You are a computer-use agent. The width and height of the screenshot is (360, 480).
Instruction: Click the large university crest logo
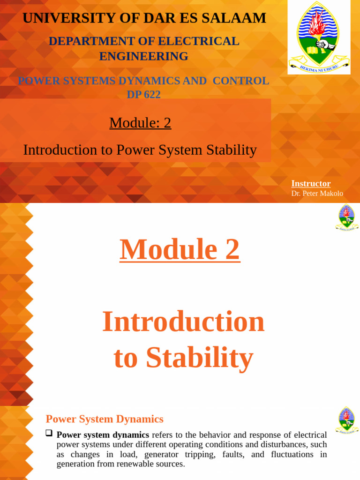(319, 37)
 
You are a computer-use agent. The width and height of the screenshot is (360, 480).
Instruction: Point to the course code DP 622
(143, 94)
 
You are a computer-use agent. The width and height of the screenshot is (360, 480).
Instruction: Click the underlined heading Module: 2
(140, 123)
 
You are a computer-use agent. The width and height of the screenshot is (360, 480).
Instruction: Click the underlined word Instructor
(311, 184)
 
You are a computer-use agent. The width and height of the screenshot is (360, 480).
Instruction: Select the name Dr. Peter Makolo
(317, 193)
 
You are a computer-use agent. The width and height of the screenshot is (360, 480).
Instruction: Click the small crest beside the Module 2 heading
(347, 217)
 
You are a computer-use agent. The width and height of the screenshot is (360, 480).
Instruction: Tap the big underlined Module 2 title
(180, 249)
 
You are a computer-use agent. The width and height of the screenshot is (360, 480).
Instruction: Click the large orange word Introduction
(183, 322)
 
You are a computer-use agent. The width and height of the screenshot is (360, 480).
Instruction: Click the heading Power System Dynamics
(105, 419)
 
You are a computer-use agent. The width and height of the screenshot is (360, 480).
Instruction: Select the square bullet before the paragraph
(49, 434)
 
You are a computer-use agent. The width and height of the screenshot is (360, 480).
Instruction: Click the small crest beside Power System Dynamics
(347, 420)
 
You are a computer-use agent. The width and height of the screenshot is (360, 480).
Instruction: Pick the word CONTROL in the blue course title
(241, 81)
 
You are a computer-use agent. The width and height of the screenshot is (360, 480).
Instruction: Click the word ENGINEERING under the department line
(143, 56)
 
